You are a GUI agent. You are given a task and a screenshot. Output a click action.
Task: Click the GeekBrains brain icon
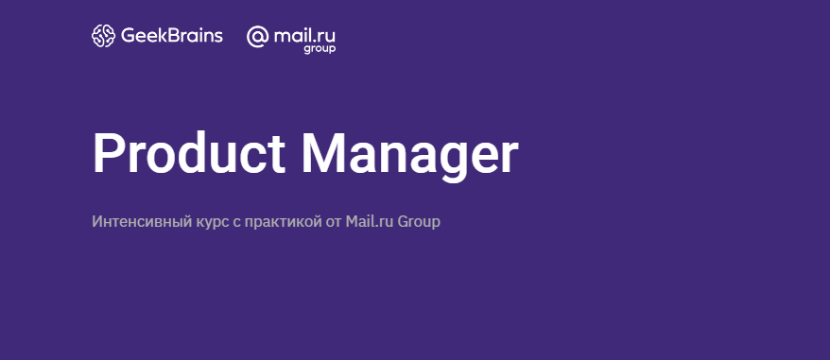point(103,36)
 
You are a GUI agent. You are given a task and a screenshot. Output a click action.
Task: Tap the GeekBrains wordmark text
point(172,36)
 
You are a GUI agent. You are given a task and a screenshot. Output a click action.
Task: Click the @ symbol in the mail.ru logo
point(258,37)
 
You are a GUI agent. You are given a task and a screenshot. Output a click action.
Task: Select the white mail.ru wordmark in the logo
point(304,36)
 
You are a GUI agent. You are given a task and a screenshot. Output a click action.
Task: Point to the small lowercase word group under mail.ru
point(320,49)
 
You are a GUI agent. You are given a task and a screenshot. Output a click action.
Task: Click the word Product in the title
point(189,153)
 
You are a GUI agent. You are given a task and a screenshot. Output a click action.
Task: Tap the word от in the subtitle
point(334,222)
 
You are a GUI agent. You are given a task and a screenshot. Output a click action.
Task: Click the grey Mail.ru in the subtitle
point(370,221)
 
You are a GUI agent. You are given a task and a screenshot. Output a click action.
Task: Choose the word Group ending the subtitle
point(419,222)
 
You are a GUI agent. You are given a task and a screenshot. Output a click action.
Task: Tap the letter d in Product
point(192,153)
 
